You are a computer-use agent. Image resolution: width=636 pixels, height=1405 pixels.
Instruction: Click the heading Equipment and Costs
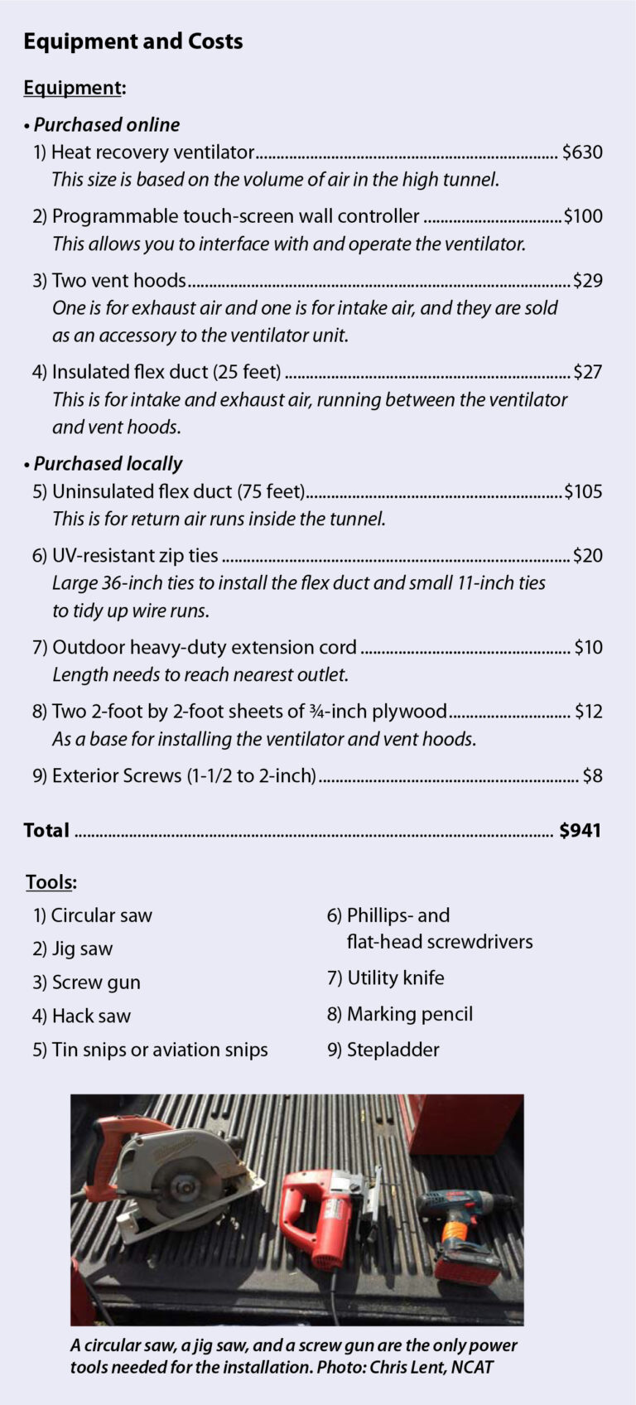click(x=132, y=41)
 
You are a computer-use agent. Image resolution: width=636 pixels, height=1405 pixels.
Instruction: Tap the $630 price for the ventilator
click(x=582, y=152)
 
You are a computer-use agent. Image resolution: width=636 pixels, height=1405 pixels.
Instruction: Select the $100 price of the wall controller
click(x=583, y=216)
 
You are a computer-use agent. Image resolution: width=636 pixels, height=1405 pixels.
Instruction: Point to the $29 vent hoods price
click(x=587, y=281)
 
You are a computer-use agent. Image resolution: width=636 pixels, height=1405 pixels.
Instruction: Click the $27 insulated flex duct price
click(x=587, y=372)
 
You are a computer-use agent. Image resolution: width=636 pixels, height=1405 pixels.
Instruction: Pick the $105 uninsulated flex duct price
click(x=583, y=492)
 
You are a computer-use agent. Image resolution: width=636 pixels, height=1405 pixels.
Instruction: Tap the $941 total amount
click(x=580, y=830)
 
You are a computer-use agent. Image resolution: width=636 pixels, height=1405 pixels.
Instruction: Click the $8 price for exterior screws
click(x=592, y=776)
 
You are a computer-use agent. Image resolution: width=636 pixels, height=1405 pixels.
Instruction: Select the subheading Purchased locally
click(x=108, y=464)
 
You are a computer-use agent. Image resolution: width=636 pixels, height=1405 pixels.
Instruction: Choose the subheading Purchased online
click(x=106, y=125)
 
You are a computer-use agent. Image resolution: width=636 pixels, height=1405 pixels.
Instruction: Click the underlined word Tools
click(x=49, y=881)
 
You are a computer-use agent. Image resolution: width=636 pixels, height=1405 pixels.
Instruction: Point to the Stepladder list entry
click(x=393, y=1050)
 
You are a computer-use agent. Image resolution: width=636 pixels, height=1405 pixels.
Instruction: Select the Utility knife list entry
click(x=395, y=978)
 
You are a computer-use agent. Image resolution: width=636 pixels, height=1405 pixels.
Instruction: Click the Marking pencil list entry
click(x=409, y=1014)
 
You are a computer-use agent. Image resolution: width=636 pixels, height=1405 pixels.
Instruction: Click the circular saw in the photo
click(x=166, y=1176)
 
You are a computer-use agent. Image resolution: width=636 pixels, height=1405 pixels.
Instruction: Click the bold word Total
click(x=46, y=830)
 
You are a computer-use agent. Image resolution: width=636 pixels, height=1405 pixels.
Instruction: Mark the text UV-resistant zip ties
click(x=135, y=556)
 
